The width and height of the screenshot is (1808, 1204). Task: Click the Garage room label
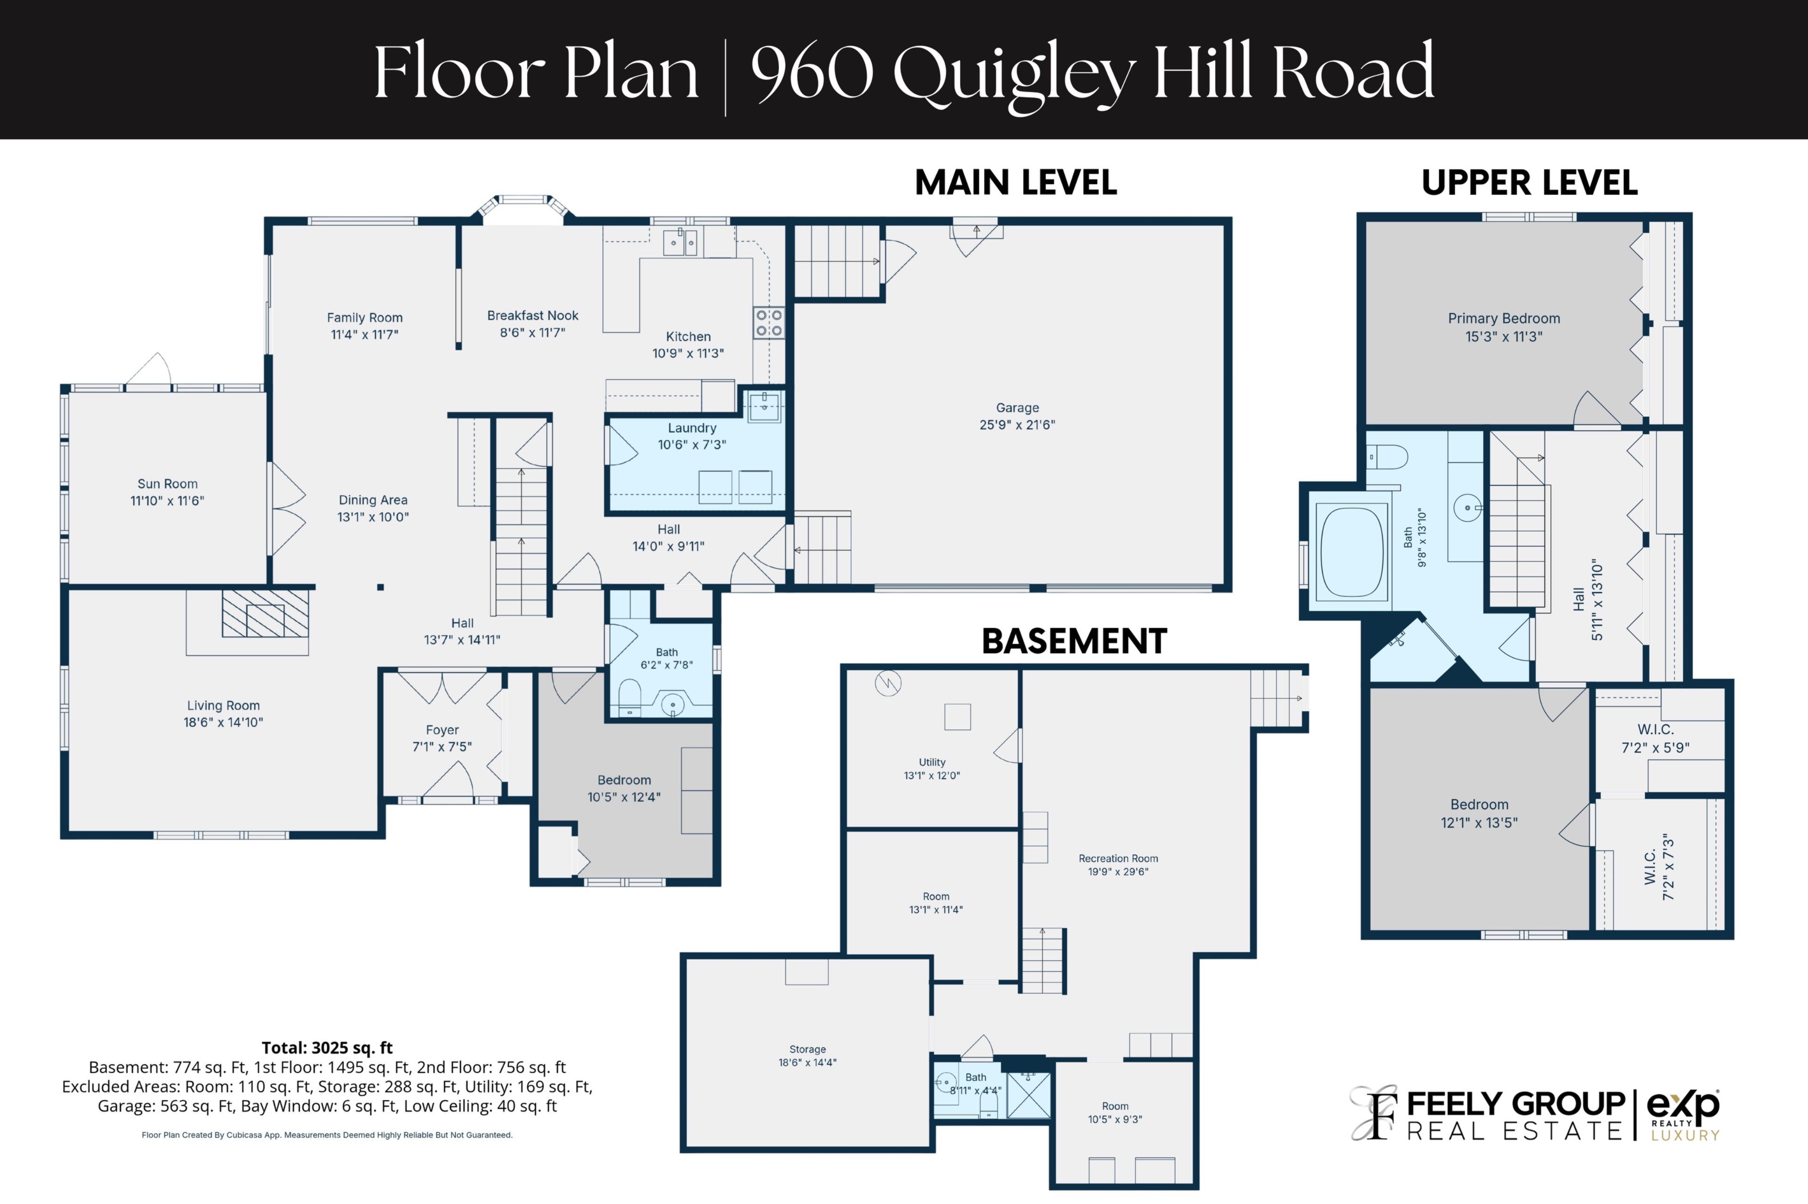pyautogui.click(x=1017, y=408)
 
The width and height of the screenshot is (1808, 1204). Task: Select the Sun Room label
pyautogui.click(x=168, y=484)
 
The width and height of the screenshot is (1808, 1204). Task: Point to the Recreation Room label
pyautogui.click(x=1118, y=859)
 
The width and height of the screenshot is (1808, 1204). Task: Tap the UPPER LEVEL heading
pyautogui.click(x=1529, y=183)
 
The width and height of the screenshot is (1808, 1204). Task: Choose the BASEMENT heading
pyautogui.click(x=1074, y=641)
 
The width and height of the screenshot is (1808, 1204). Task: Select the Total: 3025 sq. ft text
pyautogui.click(x=327, y=1047)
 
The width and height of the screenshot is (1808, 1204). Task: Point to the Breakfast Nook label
pyautogui.click(x=532, y=315)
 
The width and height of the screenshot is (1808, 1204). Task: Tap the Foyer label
pyautogui.click(x=443, y=730)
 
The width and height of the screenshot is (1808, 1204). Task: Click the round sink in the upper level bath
pyautogui.click(x=1467, y=507)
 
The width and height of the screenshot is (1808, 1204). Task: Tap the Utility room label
pyautogui.click(x=932, y=763)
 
